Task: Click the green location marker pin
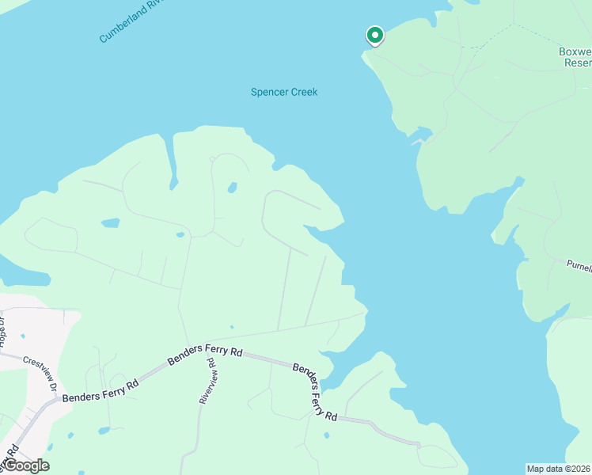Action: click(374, 36)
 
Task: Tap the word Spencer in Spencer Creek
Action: click(268, 92)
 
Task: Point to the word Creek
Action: click(303, 92)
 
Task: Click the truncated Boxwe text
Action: click(575, 51)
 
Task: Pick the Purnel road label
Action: click(579, 267)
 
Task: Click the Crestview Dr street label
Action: click(42, 372)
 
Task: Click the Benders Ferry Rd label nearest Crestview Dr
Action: click(100, 388)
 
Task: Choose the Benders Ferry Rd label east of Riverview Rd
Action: click(314, 391)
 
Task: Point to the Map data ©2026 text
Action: click(559, 468)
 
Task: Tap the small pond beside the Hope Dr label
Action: click(22, 336)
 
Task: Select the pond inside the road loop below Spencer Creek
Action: click(232, 188)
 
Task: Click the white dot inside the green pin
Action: click(374, 35)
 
